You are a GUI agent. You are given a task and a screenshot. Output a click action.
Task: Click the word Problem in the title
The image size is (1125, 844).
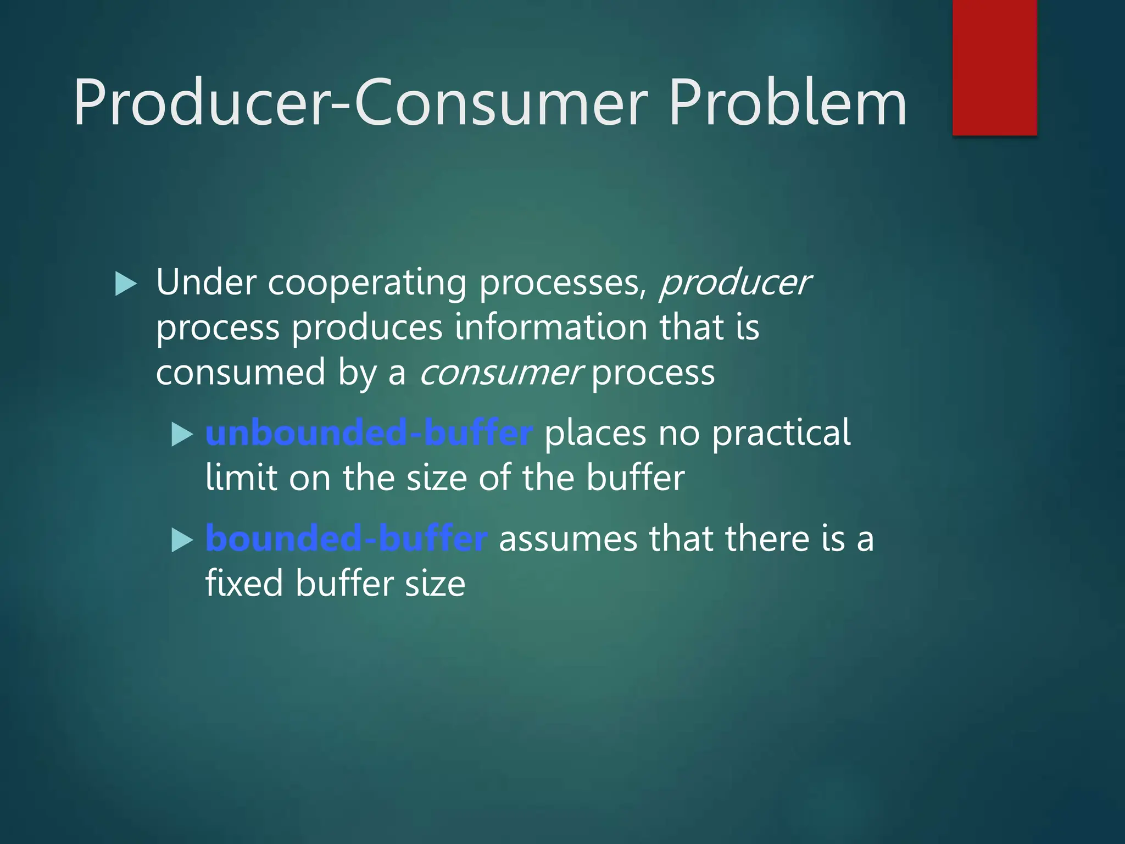tap(787, 103)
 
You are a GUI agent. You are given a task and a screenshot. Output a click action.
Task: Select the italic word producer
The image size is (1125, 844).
tap(735, 284)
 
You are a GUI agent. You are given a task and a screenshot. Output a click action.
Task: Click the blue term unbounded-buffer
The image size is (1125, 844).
tap(369, 433)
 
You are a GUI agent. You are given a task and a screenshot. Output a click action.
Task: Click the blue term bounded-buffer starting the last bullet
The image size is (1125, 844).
tap(346, 538)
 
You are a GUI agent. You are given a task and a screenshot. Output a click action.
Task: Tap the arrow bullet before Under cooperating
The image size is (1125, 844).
tap(126, 284)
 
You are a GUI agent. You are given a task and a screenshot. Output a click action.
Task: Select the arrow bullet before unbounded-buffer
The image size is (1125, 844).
tap(182, 435)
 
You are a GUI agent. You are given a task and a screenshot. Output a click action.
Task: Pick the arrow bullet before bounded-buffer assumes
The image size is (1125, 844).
tap(182, 540)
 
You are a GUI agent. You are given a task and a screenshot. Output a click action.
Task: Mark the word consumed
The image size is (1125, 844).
tap(241, 373)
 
